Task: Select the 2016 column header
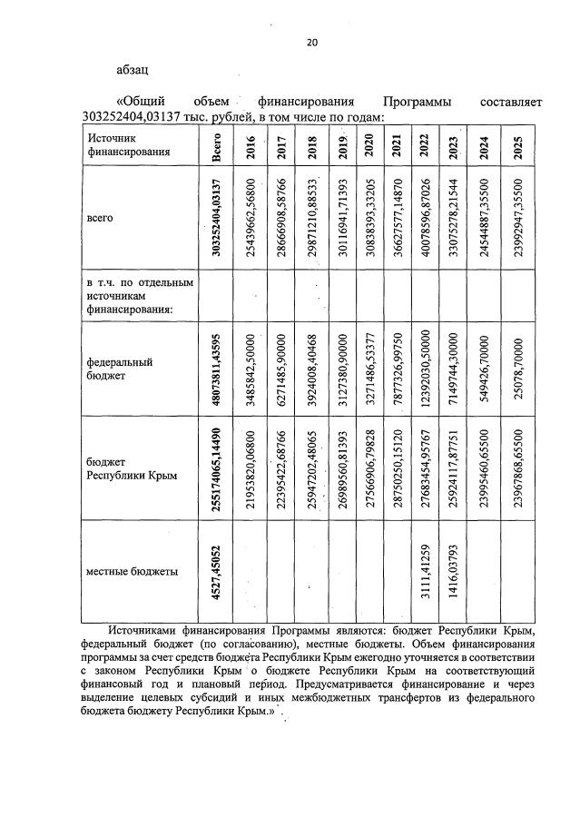[x=250, y=146]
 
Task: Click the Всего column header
[x=216, y=146]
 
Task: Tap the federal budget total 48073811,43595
[x=216, y=363]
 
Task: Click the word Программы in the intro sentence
[x=413, y=103]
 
